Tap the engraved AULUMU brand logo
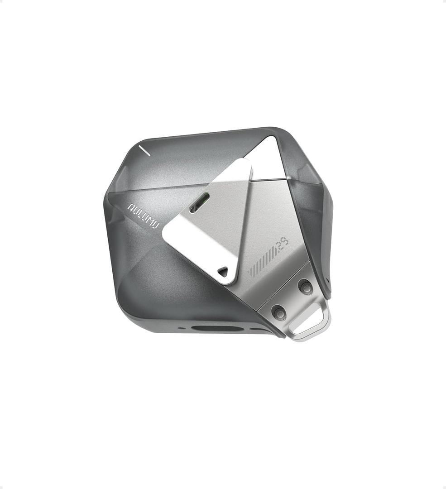click(143, 215)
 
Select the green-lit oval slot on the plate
click(199, 202)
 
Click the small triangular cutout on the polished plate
click(223, 272)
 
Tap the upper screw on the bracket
click(306, 287)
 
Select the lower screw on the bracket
click(279, 312)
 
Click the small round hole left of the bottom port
click(182, 328)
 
